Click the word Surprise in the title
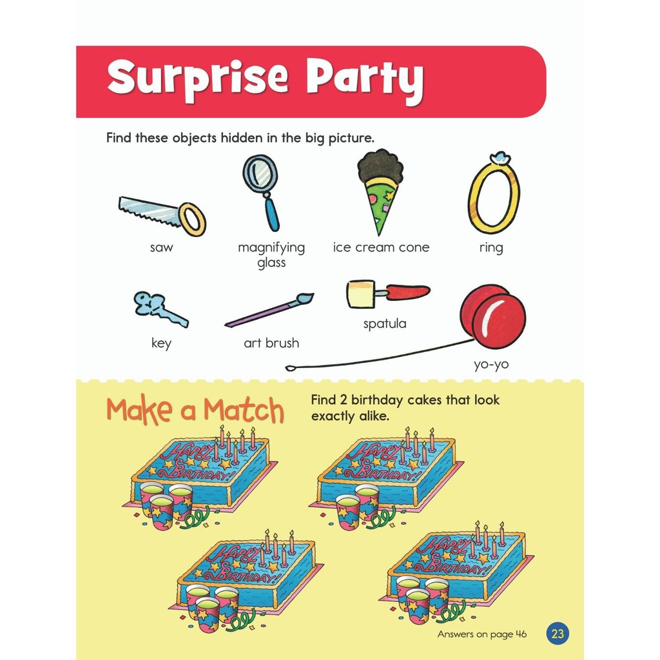pos(198,78)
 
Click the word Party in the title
pos(365,79)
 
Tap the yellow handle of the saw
pos(192,219)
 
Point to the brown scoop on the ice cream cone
pos(380,164)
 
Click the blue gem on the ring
pos(500,157)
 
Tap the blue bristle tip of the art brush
pos(305,298)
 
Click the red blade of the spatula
pos(408,291)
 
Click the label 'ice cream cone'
pos(381,247)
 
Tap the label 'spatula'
pos(385,324)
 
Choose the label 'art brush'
pos(271,343)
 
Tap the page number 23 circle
pos(558,634)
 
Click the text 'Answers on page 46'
pos(482,634)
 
